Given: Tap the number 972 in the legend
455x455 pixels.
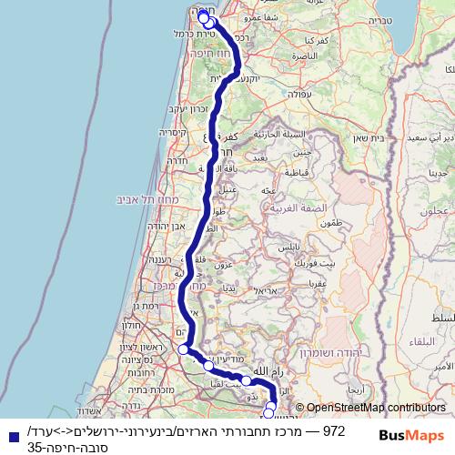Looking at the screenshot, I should pyautogui.click(x=335, y=429).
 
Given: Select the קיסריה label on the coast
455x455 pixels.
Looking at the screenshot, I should pyautogui.click(x=174, y=132).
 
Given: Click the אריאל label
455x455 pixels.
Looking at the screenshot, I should pyautogui.click(x=264, y=289).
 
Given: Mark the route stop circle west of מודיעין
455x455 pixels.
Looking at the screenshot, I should pyautogui.click(x=183, y=349).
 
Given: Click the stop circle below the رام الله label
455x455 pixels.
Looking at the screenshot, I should pyautogui.click(x=246, y=379).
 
